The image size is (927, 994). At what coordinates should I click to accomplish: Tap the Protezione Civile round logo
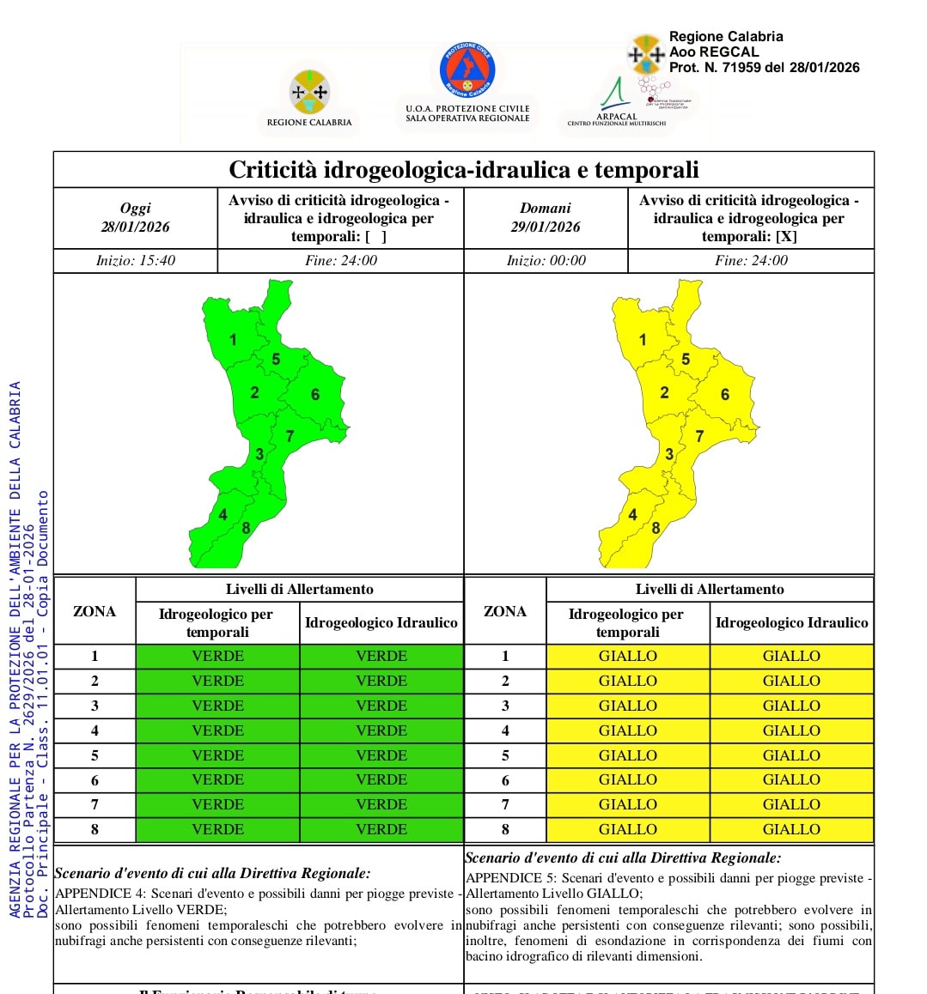coord(467,70)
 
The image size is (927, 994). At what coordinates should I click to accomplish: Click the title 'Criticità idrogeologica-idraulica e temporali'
coord(464,170)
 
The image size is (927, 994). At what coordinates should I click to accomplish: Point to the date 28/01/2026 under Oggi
coord(135,227)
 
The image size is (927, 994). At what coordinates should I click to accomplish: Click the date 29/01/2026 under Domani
coord(546,227)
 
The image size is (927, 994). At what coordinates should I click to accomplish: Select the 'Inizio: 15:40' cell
coord(136,261)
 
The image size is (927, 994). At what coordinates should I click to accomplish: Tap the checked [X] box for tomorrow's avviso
coord(786,237)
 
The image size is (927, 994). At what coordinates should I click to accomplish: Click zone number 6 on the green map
coord(315,395)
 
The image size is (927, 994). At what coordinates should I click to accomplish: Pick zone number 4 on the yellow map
coord(633,515)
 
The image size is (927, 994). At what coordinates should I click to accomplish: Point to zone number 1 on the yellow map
coord(643,340)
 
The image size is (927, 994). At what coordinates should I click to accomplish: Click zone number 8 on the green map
coord(246,528)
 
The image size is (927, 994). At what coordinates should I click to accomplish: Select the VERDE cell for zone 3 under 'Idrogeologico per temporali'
coord(217,706)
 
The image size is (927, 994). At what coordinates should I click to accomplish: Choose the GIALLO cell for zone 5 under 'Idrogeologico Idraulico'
coord(791,755)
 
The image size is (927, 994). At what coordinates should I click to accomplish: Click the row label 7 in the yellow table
coord(505,804)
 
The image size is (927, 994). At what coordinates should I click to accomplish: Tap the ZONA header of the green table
coord(95,611)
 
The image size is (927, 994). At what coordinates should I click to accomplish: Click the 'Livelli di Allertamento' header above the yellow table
coord(710,590)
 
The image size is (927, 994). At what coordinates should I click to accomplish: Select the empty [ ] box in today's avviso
coord(375,237)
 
